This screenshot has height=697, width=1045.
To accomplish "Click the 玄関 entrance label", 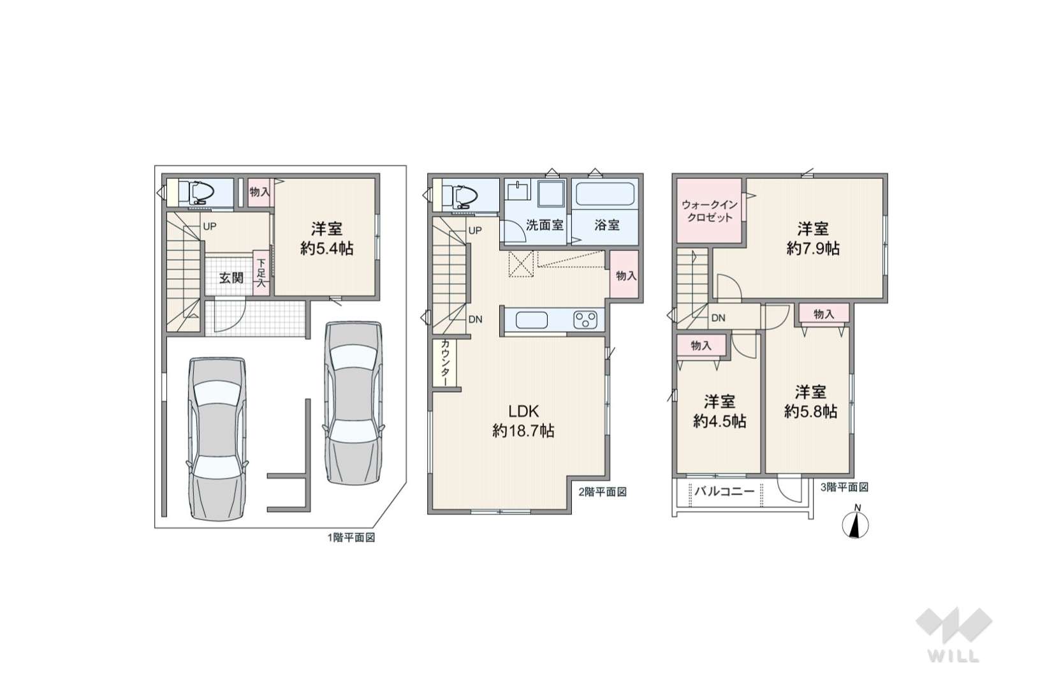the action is click(231, 278).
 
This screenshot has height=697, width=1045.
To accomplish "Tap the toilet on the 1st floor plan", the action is click(197, 192).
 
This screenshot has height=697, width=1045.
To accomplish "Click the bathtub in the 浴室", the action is click(604, 194).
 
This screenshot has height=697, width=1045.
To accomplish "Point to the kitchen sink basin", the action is click(532, 321).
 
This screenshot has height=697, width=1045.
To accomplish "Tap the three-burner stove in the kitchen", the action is click(585, 320).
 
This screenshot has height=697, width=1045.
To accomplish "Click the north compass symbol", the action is click(855, 524).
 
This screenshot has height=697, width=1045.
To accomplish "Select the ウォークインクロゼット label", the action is click(709, 211).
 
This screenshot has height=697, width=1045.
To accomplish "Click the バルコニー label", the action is click(724, 491).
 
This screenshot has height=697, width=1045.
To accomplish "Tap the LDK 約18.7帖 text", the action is click(523, 421).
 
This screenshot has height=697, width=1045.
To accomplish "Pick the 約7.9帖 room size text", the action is click(813, 248).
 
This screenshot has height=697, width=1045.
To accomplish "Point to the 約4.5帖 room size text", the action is click(719, 422).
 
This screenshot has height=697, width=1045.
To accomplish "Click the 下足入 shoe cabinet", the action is click(261, 274).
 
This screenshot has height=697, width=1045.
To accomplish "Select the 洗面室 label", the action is click(544, 225).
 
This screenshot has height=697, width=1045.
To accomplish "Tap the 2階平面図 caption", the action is click(603, 492).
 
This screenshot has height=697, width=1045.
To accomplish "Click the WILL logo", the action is click(954, 635).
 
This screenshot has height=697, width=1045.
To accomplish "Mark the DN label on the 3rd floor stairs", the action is click(719, 318).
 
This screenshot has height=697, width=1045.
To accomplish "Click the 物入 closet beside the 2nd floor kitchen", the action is click(625, 275).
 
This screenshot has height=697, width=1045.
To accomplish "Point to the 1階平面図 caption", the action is click(351, 538).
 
